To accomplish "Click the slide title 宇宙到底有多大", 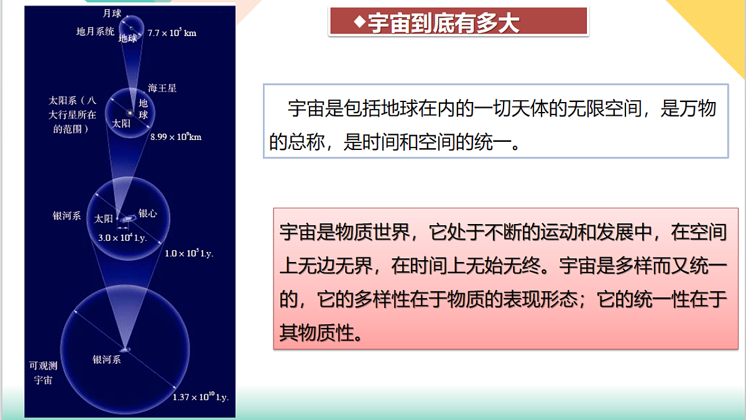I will tap(443, 22).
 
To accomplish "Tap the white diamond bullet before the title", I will tap(359, 22).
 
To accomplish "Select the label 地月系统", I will tap(95, 32).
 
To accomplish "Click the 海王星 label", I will tap(162, 88).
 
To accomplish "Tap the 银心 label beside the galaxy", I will tap(148, 213).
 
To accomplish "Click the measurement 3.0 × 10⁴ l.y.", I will tap(122, 238).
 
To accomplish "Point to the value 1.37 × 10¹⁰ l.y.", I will tap(200, 397).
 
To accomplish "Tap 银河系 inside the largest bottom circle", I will tap(107, 359).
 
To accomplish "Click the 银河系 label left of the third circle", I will tap(67, 217).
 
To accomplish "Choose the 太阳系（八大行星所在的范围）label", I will tap(73, 114).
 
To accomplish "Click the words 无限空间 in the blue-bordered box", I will tap(597, 109).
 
